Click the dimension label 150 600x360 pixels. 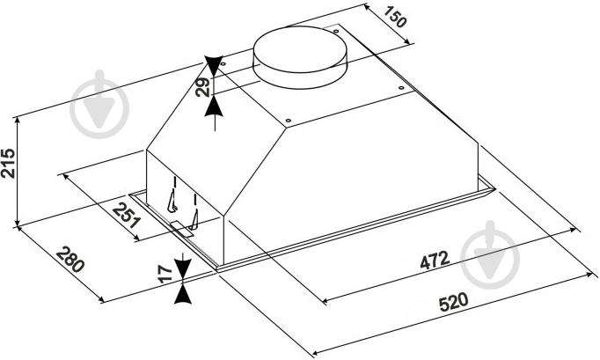click(x=394, y=18)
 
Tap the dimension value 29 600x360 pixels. click(x=202, y=86)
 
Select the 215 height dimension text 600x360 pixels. click(x=8, y=163)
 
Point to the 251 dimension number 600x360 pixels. click(x=127, y=215)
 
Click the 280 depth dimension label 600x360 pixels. click(x=70, y=260)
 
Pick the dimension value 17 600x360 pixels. click(x=165, y=274)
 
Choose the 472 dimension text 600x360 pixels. click(x=435, y=261)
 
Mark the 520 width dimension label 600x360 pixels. click(x=453, y=302)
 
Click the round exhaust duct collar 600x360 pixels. click(x=300, y=57)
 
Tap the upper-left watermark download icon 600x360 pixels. click(x=99, y=104)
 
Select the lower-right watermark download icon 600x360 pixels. click(x=490, y=254)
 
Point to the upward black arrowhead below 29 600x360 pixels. click(x=214, y=107)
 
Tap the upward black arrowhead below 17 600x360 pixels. click(x=183, y=294)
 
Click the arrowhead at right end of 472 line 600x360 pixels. click(x=573, y=230)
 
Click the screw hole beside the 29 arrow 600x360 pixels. click(x=223, y=63)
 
